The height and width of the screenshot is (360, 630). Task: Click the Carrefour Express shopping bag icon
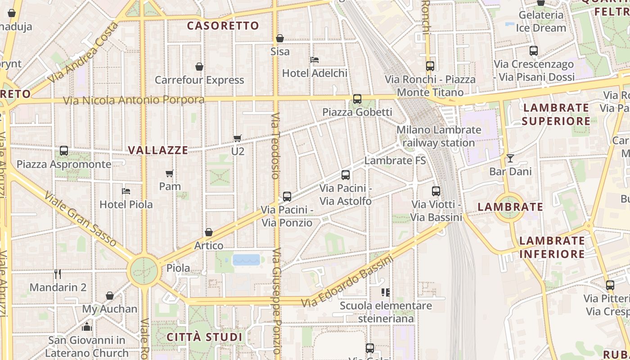tap(199, 67)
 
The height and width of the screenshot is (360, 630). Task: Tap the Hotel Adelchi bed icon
tap(315, 59)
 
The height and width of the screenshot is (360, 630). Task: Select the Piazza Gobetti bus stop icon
tap(357, 99)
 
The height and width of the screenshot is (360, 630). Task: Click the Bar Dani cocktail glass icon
tap(510, 158)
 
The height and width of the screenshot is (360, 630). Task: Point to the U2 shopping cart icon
tap(238, 138)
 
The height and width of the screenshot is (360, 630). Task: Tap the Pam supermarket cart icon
tap(170, 173)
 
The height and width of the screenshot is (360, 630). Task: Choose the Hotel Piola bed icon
tap(126, 191)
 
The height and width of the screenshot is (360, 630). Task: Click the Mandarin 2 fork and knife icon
tap(58, 274)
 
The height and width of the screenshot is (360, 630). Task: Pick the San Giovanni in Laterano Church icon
tap(87, 327)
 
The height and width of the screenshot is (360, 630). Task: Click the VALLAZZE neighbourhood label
tap(158, 150)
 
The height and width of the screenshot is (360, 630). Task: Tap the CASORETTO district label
tap(223, 26)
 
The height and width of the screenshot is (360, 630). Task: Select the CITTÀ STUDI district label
tap(204, 337)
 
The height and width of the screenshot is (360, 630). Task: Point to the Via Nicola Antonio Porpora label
tap(134, 100)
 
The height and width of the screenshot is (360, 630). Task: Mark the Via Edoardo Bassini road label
tap(347, 282)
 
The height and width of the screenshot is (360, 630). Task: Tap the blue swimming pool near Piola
tap(246, 260)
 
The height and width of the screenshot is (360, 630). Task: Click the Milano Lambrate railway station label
tap(439, 136)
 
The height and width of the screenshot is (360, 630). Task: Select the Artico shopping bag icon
tap(209, 233)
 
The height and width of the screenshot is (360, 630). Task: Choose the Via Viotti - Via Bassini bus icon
tap(436, 191)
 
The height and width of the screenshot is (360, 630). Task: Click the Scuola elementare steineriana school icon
tap(386, 292)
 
